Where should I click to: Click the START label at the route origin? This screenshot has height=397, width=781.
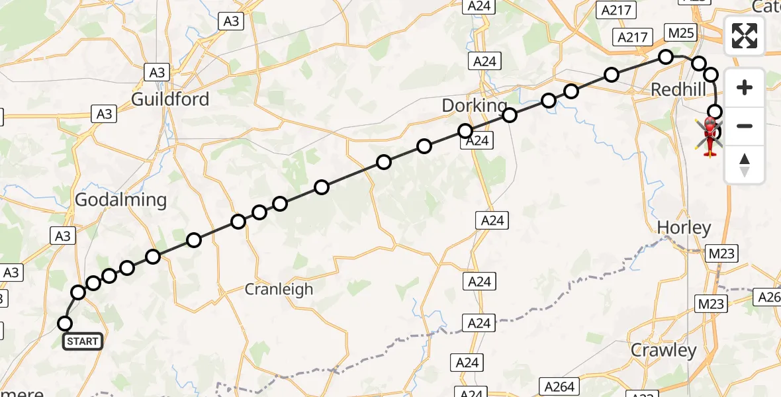pyautogui.click(x=83, y=341)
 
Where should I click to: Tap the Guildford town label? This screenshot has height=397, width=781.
pyautogui.click(x=170, y=99)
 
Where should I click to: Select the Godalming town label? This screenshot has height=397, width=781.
pyautogui.click(x=120, y=200)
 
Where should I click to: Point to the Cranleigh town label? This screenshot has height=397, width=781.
pyautogui.click(x=279, y=289)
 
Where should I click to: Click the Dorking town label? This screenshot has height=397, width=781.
pyautogui.click(x=474, y=106)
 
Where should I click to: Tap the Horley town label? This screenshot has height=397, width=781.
pyautogui.click(x=684, y=228)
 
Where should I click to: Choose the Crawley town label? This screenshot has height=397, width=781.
pyautogui.click(x=664, y=350)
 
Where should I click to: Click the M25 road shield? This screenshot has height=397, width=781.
pyautogui.click(x=680, y=32)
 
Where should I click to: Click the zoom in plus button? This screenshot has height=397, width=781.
pyautogui.click(x=745, y=87)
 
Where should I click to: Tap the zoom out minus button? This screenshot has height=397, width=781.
pyautogui.click(x=745, y=126)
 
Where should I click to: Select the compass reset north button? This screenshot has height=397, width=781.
pyautogui.click(x=745, y=164)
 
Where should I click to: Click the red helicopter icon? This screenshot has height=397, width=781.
pyautogui.click(x=710, y=136)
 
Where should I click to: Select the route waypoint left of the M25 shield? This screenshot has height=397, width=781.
pyautogui.click(x=666, y=57)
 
